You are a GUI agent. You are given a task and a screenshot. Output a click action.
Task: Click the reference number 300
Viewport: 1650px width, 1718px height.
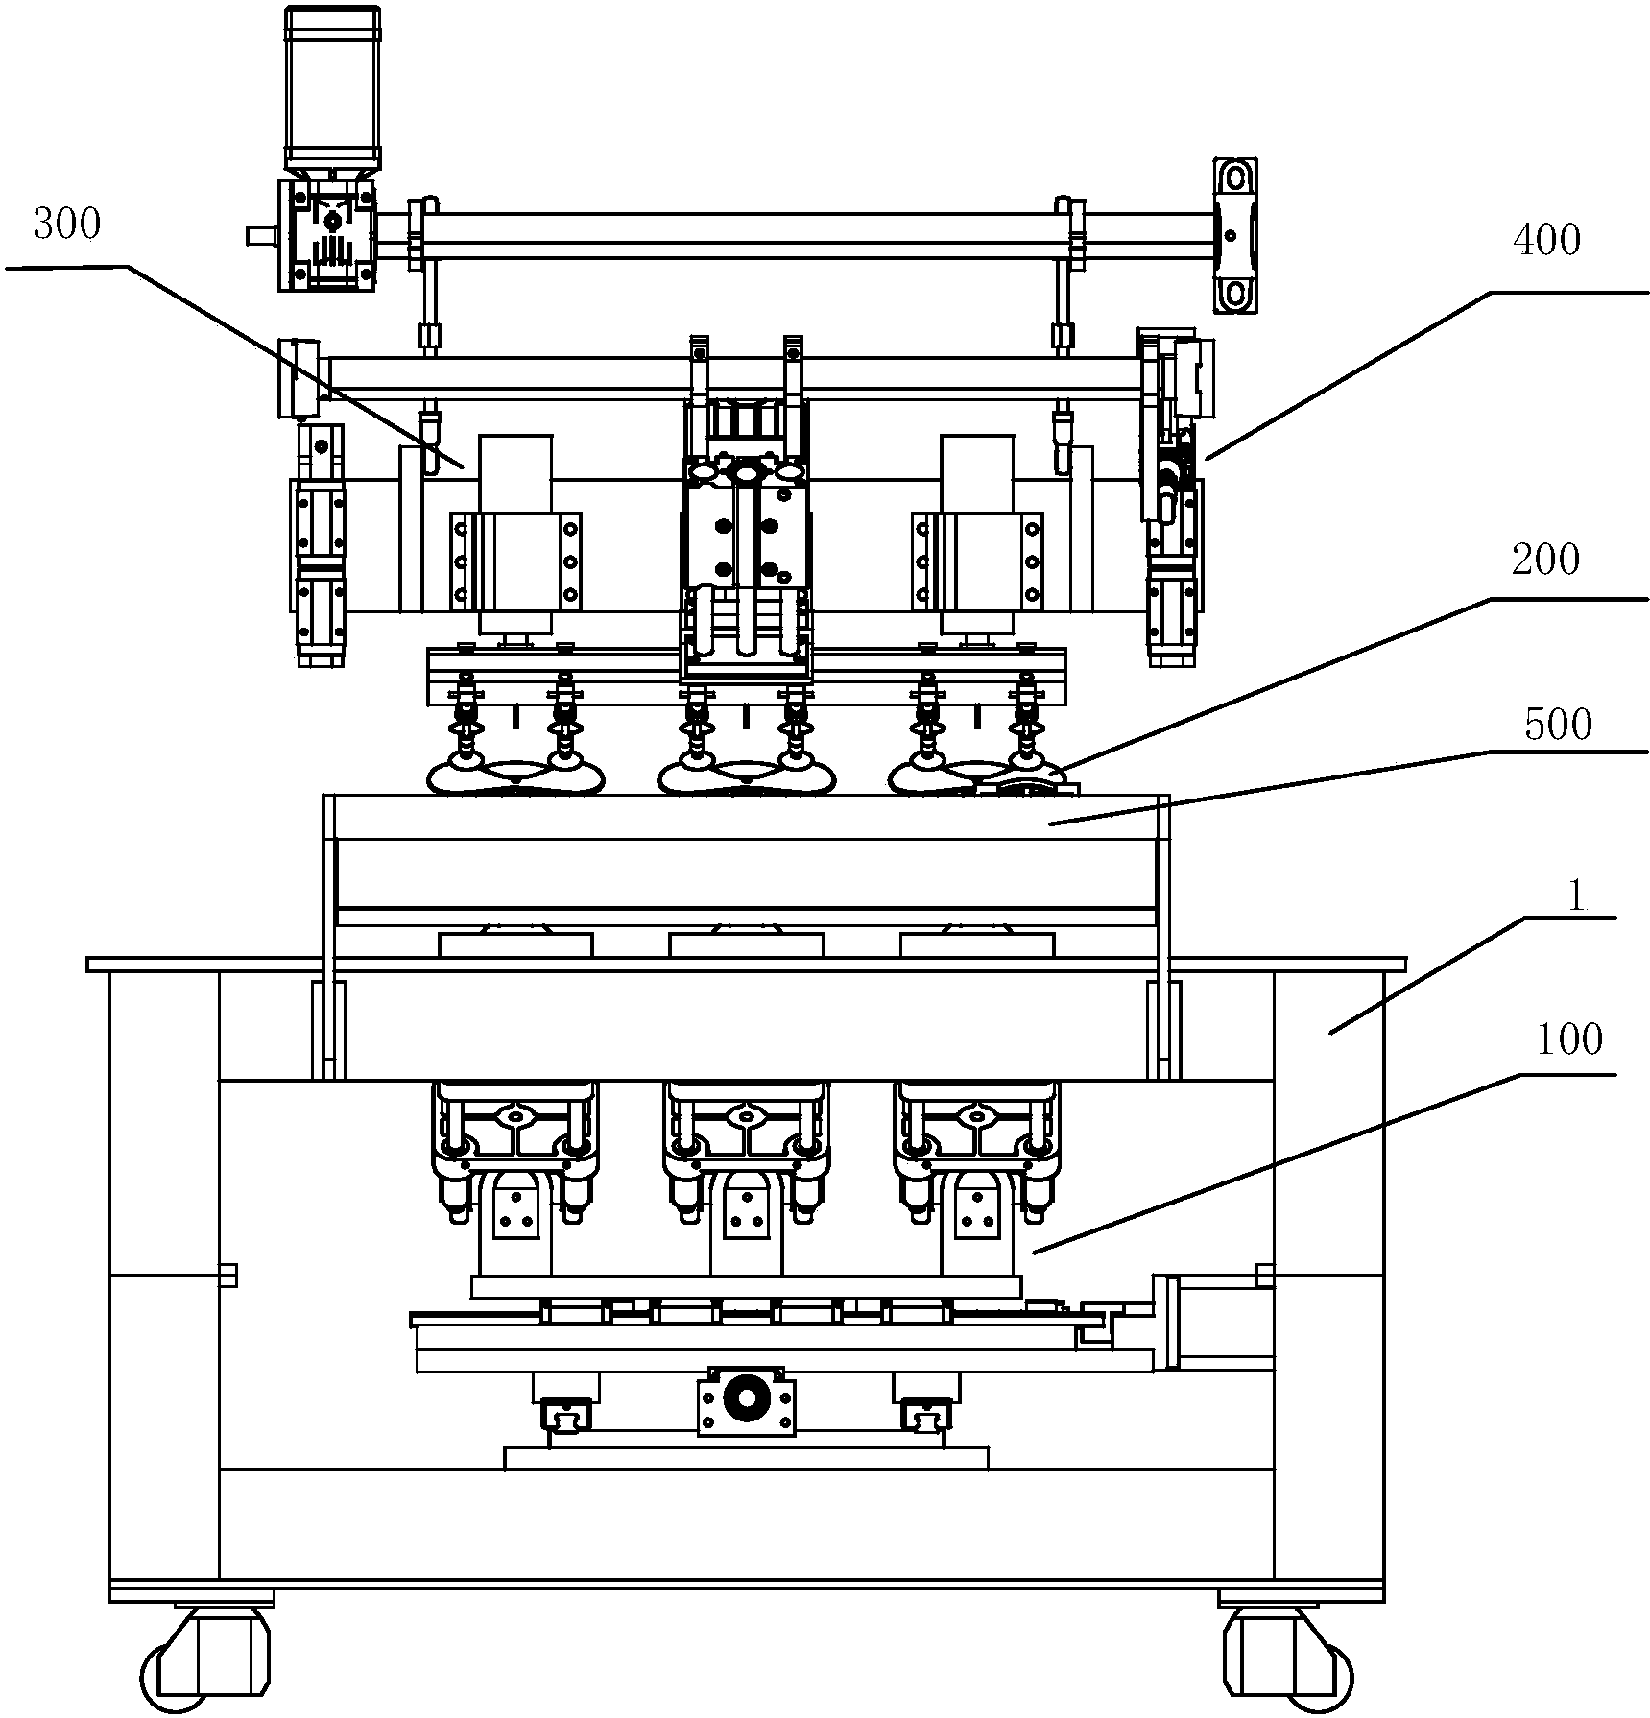66,225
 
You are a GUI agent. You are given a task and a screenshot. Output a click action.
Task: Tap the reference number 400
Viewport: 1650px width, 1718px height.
1545,240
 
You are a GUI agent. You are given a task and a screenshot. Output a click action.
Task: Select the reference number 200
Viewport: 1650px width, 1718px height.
1545,560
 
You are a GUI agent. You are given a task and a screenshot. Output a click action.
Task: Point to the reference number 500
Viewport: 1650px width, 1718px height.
1558,725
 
